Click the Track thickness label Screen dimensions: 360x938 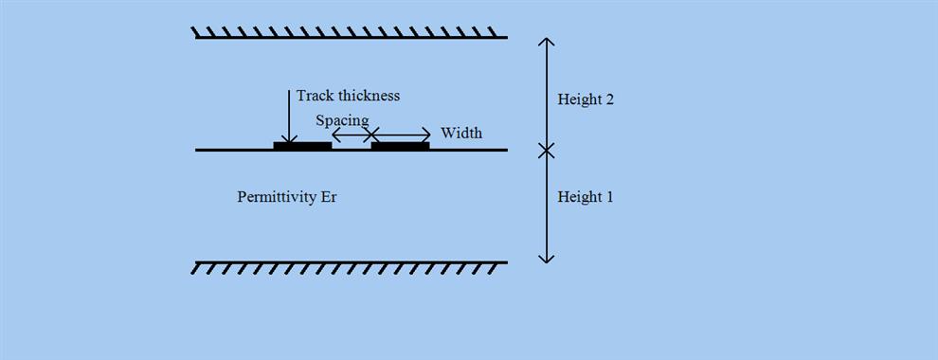coord(348,96)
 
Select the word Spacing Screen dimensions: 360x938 coord(342,120)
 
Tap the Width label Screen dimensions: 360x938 coord(461,133)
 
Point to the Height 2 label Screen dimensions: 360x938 coord(586,99)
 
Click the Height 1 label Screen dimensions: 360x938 coord(586,197)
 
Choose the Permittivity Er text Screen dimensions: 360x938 coord(287,197)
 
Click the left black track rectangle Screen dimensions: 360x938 coord(302,146)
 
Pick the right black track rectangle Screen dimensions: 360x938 coord(400,146)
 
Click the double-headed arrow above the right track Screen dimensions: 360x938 coord(400,135)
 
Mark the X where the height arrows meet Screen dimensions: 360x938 coord(546,150)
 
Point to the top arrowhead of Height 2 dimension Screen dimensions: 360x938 coord(546,40)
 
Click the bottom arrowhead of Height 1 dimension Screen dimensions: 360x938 coord(546,259)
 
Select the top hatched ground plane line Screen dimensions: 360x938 coord(351,37)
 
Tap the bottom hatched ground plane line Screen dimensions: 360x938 coord(351,262)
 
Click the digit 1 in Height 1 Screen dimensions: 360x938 coord(609,197)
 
